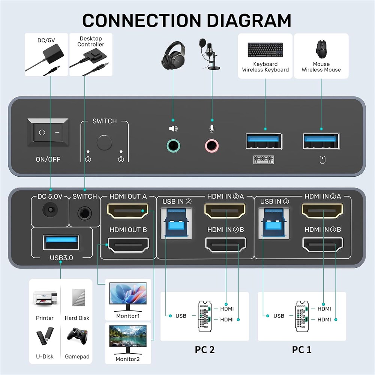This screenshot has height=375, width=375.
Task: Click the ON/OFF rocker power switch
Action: [48, 132]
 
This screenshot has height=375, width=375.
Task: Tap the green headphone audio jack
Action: [173, 145]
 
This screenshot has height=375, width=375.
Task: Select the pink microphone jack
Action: [211, 145]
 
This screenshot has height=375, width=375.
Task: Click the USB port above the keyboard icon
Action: [264, 141]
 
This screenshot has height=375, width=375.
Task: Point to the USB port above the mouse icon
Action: [321, 141]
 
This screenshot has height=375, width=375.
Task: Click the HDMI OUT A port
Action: [128, 211]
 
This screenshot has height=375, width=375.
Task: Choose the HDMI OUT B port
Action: [128, 245]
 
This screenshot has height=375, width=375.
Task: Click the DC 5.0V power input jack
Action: [50, 210]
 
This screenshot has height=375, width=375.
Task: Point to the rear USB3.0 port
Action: [61, 242]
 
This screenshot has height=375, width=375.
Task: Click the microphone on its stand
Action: [209, 54]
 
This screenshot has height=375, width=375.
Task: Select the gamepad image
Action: [76, 336]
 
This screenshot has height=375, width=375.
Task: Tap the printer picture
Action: [45, 298]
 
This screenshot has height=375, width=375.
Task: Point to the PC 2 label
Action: [205, 349]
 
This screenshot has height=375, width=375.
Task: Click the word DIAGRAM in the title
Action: [249, 21]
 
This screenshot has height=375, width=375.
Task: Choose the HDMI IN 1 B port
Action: [322, 244]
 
